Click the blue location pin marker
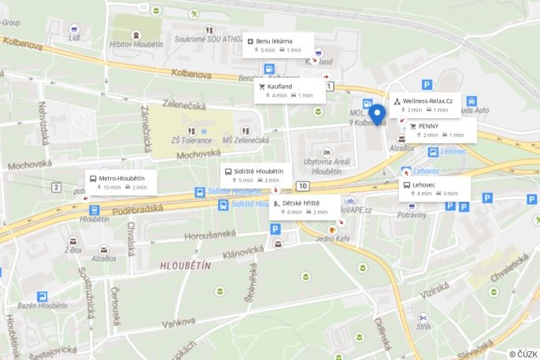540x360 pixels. pyautogui.click(x=378, y=113)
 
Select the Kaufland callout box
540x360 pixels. pyautogui.click(x=289, y=90)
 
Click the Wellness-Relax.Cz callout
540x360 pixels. pyautogui.click(x=426, y=105)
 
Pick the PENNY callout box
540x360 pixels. pyautogui.click(x=435, y=130)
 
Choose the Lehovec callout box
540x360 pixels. pyautogui.click(x=434, y=189)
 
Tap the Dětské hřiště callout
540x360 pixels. pyautogui.click(x=305, y=207)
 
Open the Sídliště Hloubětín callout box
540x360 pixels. pyautogui.click(x=255, y=175)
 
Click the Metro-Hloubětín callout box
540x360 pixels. pyautogui.click(x=120, y=182)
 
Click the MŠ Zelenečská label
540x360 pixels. pyautogui.click(x=246, y=140)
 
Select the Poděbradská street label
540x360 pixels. pyautogui.click(x=137, y=209)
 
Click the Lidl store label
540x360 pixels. pyautogui.click(x=74, y=37)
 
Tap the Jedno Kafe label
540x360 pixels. pyautogui.click(x=331, y=239)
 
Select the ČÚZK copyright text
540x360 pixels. pyautogui.click(x=523, y=354)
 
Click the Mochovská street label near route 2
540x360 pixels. pyautogui.click(x=30, y=165)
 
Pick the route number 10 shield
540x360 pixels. pyautogui.click(x=303, y=186)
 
